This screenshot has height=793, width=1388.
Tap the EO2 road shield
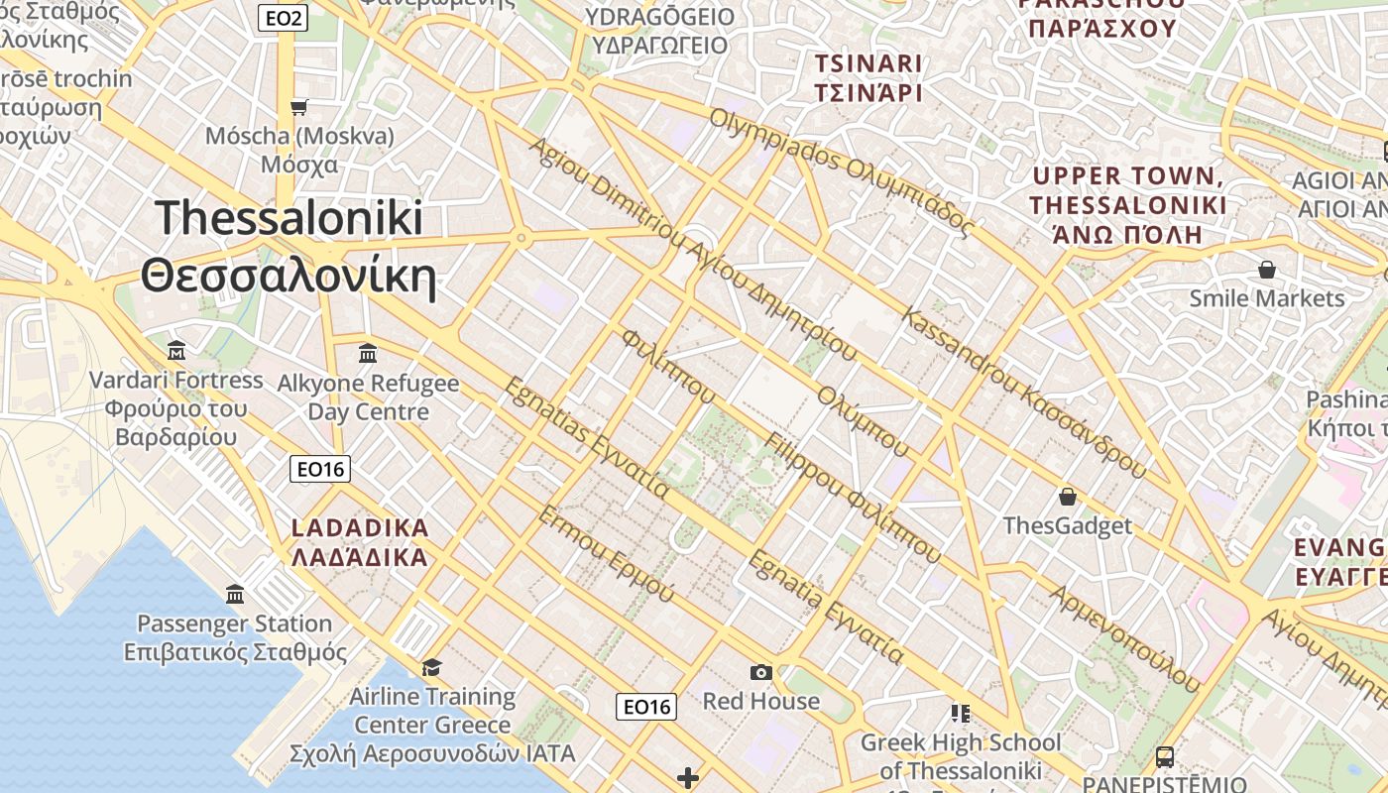[x=283, y=17]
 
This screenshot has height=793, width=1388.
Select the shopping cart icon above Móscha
[x=298, y=107]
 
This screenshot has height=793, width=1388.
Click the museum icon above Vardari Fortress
[x=176, y=351]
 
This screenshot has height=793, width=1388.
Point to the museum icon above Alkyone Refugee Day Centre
[x=368, y=353]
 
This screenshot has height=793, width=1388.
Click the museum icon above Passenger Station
[x=235, y=595]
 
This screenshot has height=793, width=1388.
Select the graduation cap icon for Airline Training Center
[x=431, y=666]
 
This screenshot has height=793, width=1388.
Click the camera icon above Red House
[x=760, y=672]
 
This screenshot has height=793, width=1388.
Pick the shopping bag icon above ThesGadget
[x=1068, y=496]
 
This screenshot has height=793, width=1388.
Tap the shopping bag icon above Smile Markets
[x=1266, y=270]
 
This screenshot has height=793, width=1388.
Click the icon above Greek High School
[x=960, y=714]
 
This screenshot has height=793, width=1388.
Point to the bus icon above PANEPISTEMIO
[x=1165, y=757]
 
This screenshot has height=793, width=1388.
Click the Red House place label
[x=760, y=701]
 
